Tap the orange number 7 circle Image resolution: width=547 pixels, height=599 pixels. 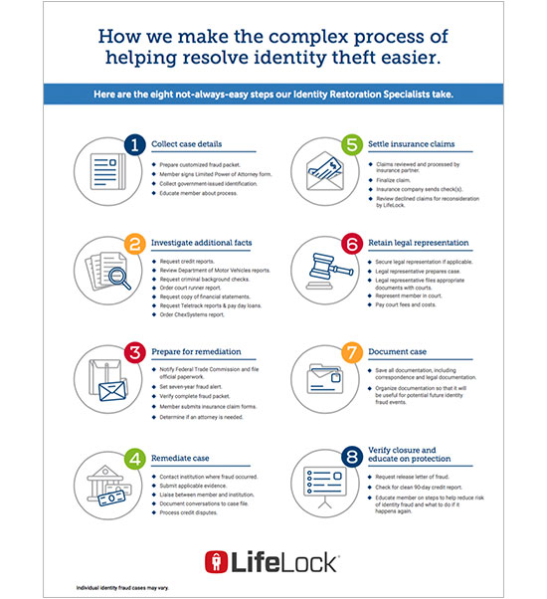[351, 351]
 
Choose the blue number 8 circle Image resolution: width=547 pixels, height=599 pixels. [351, 459]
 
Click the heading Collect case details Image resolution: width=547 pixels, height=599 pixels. [192, 145]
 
